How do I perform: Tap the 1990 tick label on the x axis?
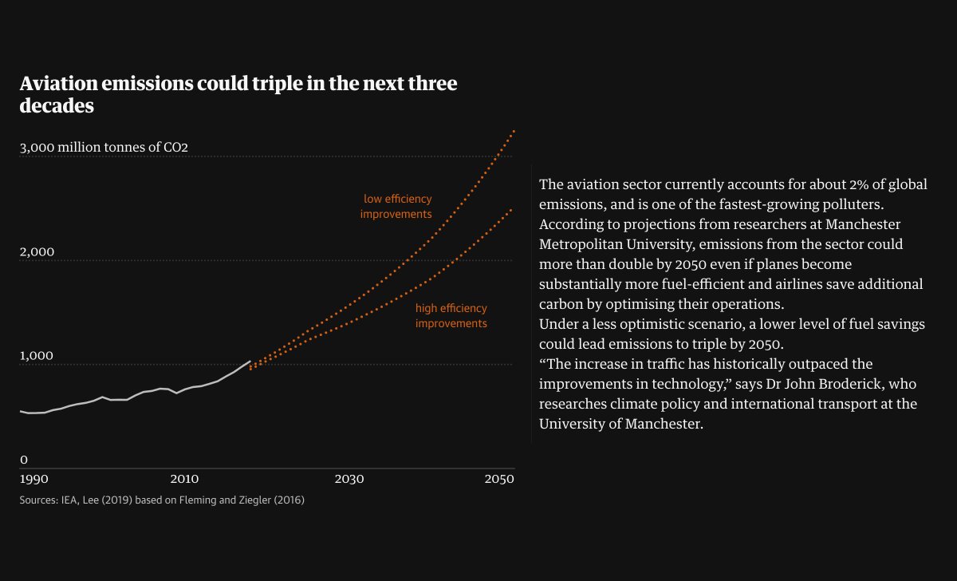[x=34, y=479]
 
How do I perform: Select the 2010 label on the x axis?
[x=184, y=479]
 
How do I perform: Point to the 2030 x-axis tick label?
[x=349, y=479]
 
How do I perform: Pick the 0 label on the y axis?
[x=24, y=460]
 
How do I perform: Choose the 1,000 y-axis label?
[x=37, y=356]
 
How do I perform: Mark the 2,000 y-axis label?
[x=37, y=252]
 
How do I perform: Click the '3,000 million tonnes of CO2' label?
[x=104, y=148]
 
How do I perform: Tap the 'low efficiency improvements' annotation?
[x=396, y=207]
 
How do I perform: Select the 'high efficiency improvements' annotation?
[x=451, y=316]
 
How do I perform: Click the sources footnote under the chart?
[x=162, y=500]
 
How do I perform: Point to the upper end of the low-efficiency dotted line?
[x=514, y=130]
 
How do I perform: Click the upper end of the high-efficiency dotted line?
[x=511, y=209]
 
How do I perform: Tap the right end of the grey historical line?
[x=250, y=361]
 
